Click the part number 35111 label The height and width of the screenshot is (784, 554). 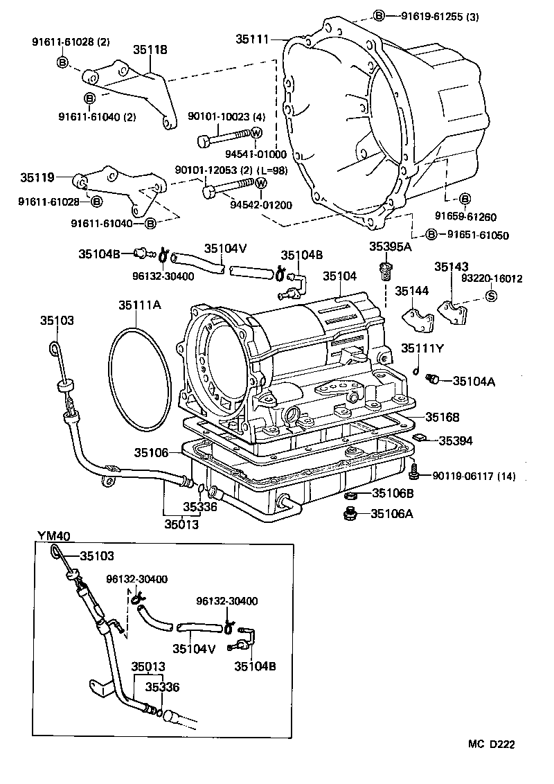click(253, 39)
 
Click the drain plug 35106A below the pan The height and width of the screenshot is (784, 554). click(350, 513)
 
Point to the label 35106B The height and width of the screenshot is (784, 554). click(393, 493)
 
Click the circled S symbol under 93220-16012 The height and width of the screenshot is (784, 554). click(490, 296)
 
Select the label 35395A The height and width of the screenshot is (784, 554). click(389, 246)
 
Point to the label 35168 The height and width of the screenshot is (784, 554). click(443, 418)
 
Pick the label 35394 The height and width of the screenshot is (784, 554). click(456, 440)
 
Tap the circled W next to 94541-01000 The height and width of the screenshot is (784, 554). click(256, 134)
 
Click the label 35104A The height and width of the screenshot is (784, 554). click(474, 381)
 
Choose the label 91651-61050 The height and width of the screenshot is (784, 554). click(477, 235)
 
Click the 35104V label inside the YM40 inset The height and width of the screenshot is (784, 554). click(194, 649)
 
